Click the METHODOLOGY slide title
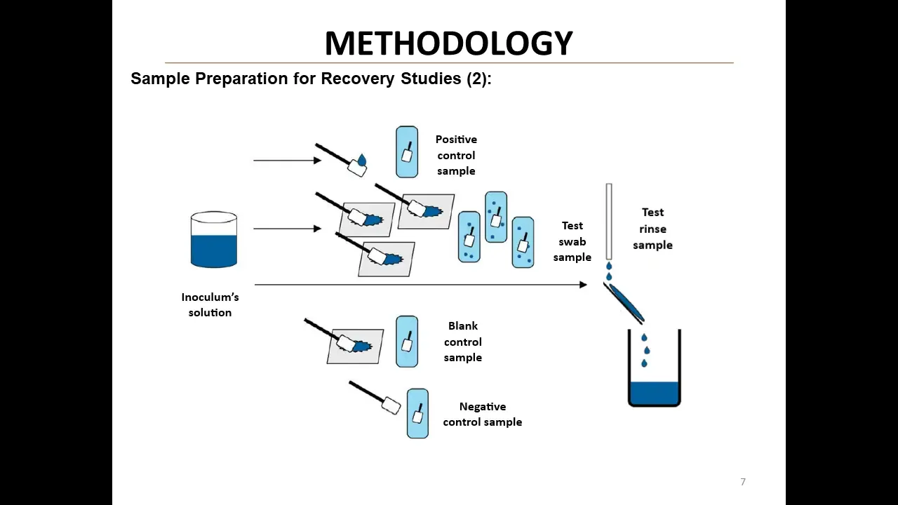[449, 43]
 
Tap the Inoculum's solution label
[210, 304]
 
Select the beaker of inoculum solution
[214, 240]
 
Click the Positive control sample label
[456, 155]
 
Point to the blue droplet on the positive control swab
[362, 161]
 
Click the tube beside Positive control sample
[407, 152]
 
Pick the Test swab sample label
[572, 241]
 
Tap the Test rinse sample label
[652, 229]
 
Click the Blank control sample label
[463, 342]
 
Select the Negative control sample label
[483, 414]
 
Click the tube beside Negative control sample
[417, 414]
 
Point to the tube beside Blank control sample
[407, 342]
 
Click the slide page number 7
[743, 482]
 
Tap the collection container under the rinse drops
[654, 379]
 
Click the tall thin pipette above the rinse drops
[609, 221]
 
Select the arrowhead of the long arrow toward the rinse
[583, 285]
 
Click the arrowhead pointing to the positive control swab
[318, 161]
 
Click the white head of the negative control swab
[392, 405]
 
